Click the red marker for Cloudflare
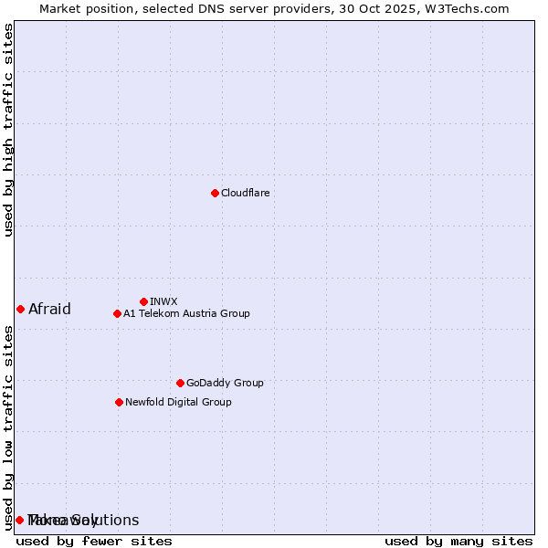pos(215,193)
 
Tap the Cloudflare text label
pos(246,193)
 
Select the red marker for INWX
pos(143,301)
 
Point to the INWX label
pos(163,301)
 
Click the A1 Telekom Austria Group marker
pos(117,313)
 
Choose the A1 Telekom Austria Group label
pos(186,313)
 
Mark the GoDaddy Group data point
pos(180,383)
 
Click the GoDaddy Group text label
pos(225,383)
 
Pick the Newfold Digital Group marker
pos(119,402)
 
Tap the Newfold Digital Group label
pos(178,402)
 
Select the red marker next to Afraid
pos(20,309)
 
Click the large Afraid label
pos(49,309)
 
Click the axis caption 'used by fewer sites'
pos(94,541)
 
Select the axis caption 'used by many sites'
pos(458,541)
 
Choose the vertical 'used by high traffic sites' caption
pos(8,130)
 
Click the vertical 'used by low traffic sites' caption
pos(8,427)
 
